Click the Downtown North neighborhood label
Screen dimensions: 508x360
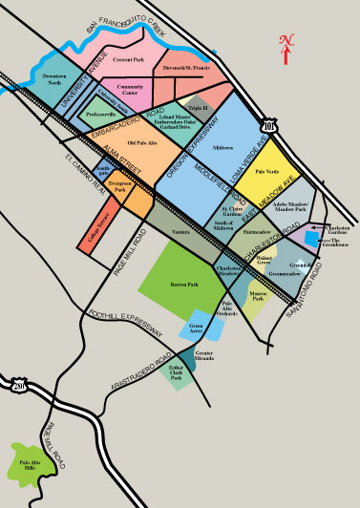pyautogui.click(x=54, y=78)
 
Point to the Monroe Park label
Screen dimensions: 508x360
pyautogui.click(x=258, y=297)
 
